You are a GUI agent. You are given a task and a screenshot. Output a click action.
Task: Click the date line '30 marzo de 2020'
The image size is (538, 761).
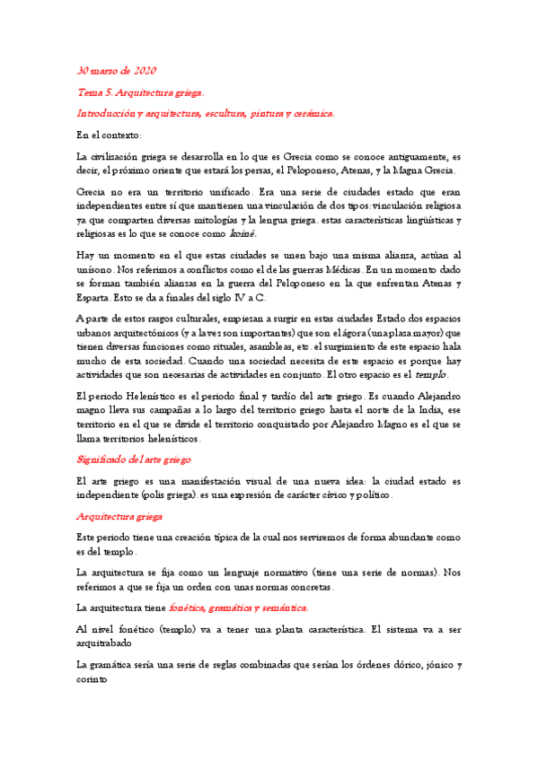click(117, 70)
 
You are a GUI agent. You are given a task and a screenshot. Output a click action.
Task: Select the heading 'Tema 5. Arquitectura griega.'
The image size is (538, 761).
click(140, 92)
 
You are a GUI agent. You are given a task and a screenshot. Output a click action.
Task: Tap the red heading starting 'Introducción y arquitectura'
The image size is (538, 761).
click(206, 114)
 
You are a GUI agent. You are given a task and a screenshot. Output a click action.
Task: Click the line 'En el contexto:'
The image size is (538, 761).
click(116, 136)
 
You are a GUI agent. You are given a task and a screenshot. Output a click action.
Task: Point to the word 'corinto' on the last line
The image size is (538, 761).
click(93, 679)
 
